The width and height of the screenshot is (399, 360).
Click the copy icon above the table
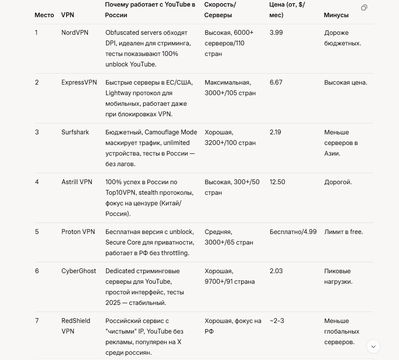point(364,7)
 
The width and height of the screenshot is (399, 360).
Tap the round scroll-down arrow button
point(373,346)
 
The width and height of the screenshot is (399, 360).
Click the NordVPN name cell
point(74,33)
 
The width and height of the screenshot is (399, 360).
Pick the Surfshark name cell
point(75,132)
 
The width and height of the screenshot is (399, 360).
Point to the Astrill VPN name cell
point(77,182)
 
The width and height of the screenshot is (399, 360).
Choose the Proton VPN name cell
point(78,232)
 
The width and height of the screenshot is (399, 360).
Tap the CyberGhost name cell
point(78,271)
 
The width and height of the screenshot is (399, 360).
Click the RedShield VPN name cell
point(75,326)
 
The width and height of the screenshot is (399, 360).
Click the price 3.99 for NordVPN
point(276,33)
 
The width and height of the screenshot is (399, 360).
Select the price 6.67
point(276,82)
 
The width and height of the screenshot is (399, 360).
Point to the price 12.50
point(277,182)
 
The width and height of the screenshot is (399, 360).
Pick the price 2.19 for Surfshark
point(275,132)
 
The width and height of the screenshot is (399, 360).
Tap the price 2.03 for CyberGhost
point(276,271)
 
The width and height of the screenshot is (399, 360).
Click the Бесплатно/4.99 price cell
point(293,232)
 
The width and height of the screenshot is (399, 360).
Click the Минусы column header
point(336,15)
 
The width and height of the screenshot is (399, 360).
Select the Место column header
point(44,15)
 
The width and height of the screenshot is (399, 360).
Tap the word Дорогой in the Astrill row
point(338,182)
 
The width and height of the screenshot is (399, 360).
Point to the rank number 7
point(37,321)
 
